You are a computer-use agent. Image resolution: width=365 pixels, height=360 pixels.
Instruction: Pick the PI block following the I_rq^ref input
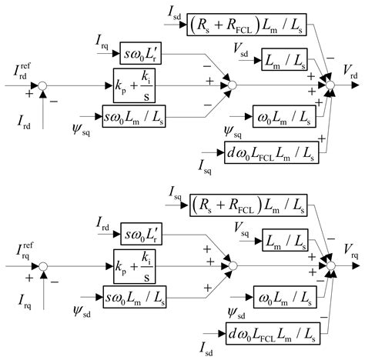click(139, 265)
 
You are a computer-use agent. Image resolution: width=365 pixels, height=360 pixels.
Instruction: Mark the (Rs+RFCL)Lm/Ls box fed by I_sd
click(246, 27)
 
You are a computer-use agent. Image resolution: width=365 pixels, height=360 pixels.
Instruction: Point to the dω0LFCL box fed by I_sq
click(271, 152)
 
